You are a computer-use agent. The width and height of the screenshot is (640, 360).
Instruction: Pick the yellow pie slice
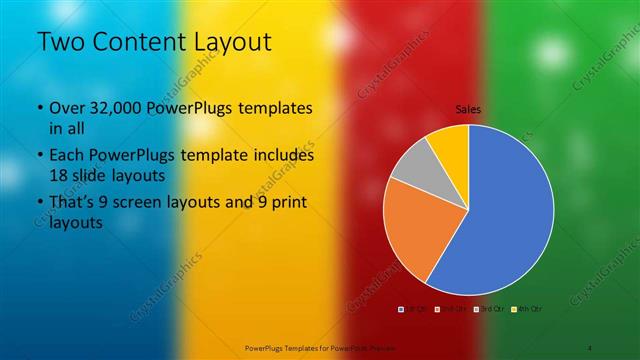pyautogui.click(x=451, y=144)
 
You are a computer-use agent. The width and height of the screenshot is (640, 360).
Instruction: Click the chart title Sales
pyautogui.click(x=468, y=108)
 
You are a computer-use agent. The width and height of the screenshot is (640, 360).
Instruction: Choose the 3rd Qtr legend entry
pyautogui.click(x=489, y=308)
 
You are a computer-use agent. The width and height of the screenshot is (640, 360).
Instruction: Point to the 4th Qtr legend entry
pyautogui.click(x=527, y=308)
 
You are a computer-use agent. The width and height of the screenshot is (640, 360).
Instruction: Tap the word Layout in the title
pyautogui.click(x=234, y=42)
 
